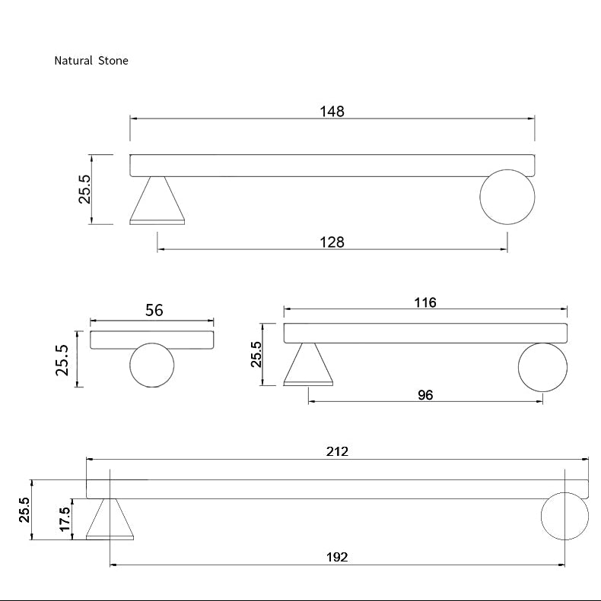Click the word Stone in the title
pyautogui.click(x=113, y=61)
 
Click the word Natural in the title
pyautogui.click(x=73, y=61)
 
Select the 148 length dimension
pyautogui.click(x=332, y=112)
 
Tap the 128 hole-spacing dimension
pyautogui.click(x=332, y=242)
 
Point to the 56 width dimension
pyautogui.click(x=154, y=310)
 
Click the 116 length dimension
pyautogui.click(x=425, y=302)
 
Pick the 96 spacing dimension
pyautogui.click(x=425, y=395)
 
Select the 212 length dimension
pyautogui.click(x=337, y=451)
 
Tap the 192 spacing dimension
pyautogui.click(x=337, y=557)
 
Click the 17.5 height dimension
pyautogui.click(x=65, y=520)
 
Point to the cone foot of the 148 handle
pyautogui.click(x=157, y=202)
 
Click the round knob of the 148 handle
pyautogui.click(x=507, y=197)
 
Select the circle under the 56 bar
pyautogui.click(x=152, y=365)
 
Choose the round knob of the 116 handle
pyautogui.click(x=542, y=368)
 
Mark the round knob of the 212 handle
pyautogui.click(x=564, y=515)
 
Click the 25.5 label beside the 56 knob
pyautogui.click(x=62, y=359)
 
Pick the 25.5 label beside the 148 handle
pyautogui.click(x=84, y=189)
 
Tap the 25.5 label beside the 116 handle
pyautogui.click(x=257, y=354)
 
